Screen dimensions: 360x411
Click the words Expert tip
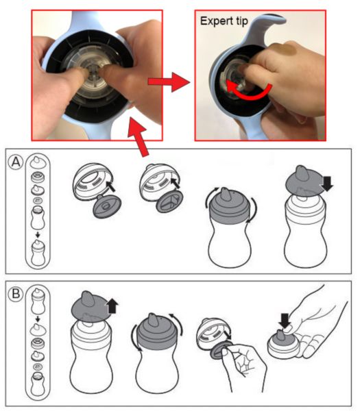(x=224, y=21)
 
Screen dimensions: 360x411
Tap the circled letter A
(x=16, y=162)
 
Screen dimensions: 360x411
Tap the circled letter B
(x=16, y=294)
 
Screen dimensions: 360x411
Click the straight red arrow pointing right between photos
(x=169, y=82)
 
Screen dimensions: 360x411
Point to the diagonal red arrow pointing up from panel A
(x=139, y=137)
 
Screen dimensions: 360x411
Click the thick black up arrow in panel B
(x=112, y=306)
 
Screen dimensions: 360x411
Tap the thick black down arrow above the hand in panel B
(x=285, y=321)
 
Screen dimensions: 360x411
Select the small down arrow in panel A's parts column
(x=38, y=234)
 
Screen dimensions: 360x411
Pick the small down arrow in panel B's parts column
(x=38, y=319)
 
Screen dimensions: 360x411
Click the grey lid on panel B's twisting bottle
(x=157, y=331)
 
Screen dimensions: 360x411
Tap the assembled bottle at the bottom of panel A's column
(x=38, y=253)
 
